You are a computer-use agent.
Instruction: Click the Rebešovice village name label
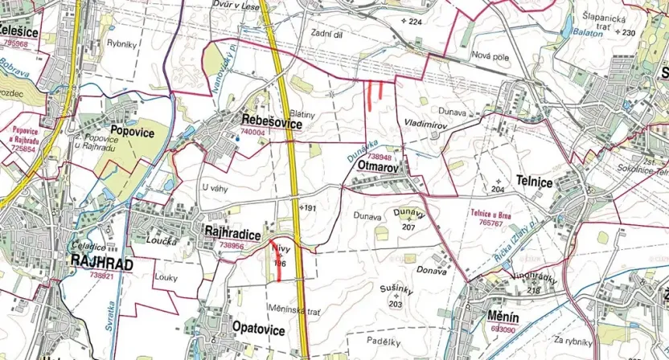pos(271,123)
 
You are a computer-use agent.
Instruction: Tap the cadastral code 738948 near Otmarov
pos(380,157)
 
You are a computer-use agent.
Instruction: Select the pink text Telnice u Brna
pos(491,214)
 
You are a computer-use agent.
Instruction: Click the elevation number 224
pos(414,22)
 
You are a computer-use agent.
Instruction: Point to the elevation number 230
pos(628,33)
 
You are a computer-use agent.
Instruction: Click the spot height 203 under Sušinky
pos(395,305)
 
